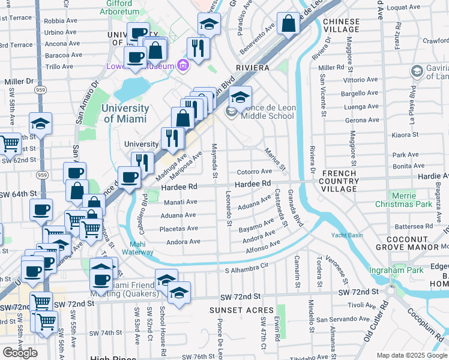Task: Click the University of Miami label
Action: click(125, 113)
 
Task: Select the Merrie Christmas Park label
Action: click(411, 200)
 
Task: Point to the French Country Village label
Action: click(339, 181)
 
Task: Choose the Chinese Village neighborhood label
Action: click(341, 26)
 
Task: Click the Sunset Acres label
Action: click(233, 310)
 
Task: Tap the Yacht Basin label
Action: click(347, 235)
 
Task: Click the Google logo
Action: click(20, 352)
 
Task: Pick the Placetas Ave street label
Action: click(178, 229)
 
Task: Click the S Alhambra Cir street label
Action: click(245, 271)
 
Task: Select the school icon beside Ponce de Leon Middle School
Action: click(231, 113)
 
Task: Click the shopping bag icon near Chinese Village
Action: click(289, 25)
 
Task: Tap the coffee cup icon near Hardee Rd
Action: click(129, 177)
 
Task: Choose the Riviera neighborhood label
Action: click(252, 68)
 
